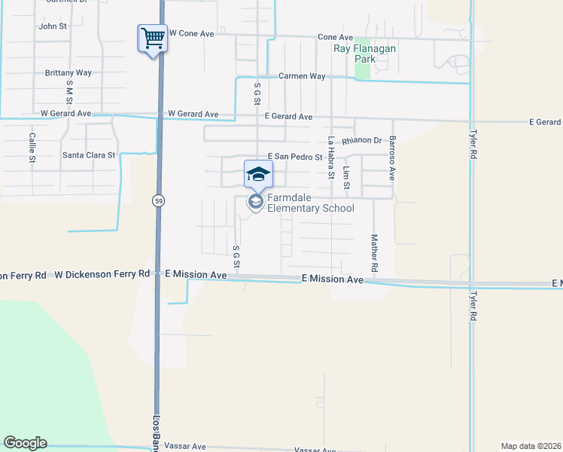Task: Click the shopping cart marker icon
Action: pos(152,37)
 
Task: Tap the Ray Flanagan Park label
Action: pos(365,53)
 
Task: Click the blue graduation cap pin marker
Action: pos(258,174)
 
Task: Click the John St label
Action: pos(53,26)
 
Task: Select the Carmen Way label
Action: pos(302,76)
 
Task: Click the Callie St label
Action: pos(32,148)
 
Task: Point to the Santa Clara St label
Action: pos(89,155)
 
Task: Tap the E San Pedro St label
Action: pos(294,157)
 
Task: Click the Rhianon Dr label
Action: pos(362,141)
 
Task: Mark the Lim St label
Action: pos(346,179)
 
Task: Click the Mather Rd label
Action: pos(373,253)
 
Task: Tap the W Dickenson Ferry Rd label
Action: pos(102,274)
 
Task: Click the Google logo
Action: pos(25,443)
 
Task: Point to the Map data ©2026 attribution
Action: pos(531,445)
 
